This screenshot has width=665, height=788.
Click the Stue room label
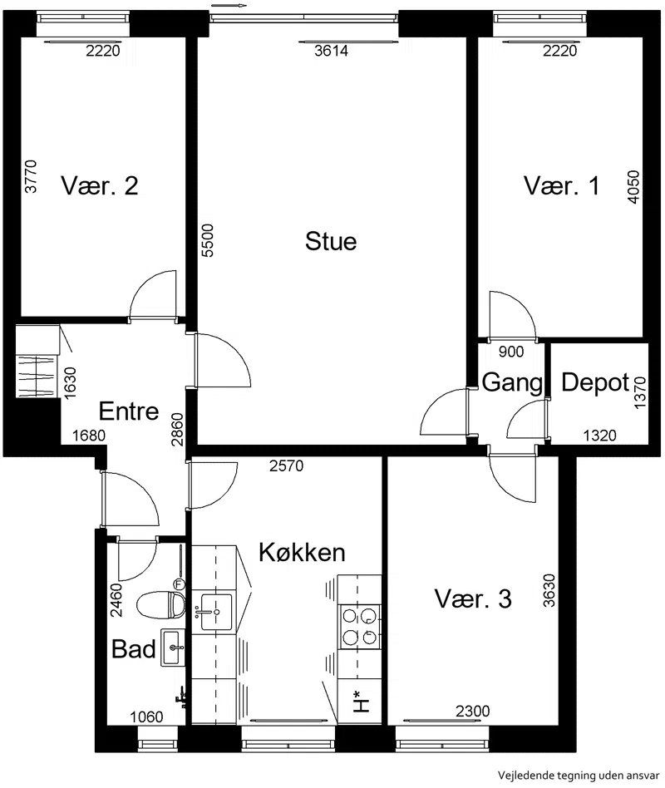coord(331,241)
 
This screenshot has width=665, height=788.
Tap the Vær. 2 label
coord(100,185)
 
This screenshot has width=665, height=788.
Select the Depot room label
coord(595,382)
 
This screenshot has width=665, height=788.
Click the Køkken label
coord(302,552)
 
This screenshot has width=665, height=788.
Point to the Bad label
coord(133,649)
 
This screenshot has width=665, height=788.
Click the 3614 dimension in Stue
coord(331,51)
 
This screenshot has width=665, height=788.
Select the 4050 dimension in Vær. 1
coord(633,187)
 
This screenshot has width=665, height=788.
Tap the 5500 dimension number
coord(207,240)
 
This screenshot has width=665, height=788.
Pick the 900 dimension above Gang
coord(511,352)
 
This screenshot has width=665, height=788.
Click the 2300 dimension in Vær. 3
coord(472,711)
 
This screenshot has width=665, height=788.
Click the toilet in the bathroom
coord(160,604)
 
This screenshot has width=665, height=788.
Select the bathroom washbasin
coord(173,648)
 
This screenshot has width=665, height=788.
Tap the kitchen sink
coord(217,612)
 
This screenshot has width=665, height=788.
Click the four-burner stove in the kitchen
coord(359,627)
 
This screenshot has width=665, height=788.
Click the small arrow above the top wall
coord(229,6)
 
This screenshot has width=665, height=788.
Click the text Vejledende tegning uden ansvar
coord(578,776)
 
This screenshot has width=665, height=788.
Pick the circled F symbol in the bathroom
coord(179,584)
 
